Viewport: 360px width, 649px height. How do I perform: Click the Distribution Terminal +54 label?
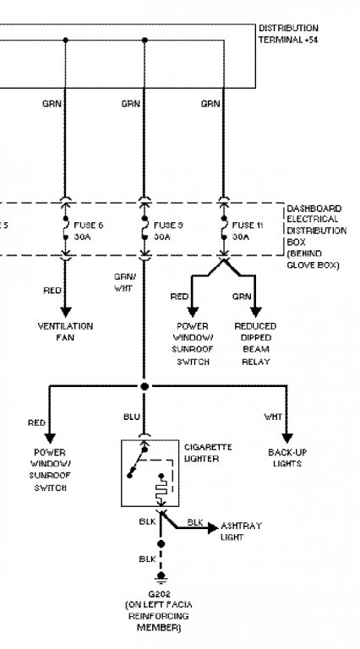288,34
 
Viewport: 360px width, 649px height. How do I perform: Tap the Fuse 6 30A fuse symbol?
65,228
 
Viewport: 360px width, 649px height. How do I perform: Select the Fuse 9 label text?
168,225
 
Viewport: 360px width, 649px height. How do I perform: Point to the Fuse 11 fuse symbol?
224,228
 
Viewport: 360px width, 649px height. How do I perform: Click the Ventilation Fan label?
65,331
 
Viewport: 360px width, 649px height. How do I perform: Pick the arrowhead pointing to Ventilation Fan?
65,312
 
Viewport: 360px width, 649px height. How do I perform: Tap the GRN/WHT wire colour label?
124,282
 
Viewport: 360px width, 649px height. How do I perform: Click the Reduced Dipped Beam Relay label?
255,344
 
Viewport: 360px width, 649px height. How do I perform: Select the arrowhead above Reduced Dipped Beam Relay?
255,312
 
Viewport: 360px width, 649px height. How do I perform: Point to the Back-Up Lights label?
287,458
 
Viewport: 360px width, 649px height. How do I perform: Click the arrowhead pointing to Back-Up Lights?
287,438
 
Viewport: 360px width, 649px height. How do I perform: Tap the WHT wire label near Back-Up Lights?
273,417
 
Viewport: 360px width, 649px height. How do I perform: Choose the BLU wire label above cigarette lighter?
132,417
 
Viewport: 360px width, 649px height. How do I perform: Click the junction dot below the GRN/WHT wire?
144,386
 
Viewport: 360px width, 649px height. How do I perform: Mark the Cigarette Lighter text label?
208,453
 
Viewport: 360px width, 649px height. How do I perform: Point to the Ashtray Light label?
241,532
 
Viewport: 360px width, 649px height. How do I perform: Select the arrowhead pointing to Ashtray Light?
213,527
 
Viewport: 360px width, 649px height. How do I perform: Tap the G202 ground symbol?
161,575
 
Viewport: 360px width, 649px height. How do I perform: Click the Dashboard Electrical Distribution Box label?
317,237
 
